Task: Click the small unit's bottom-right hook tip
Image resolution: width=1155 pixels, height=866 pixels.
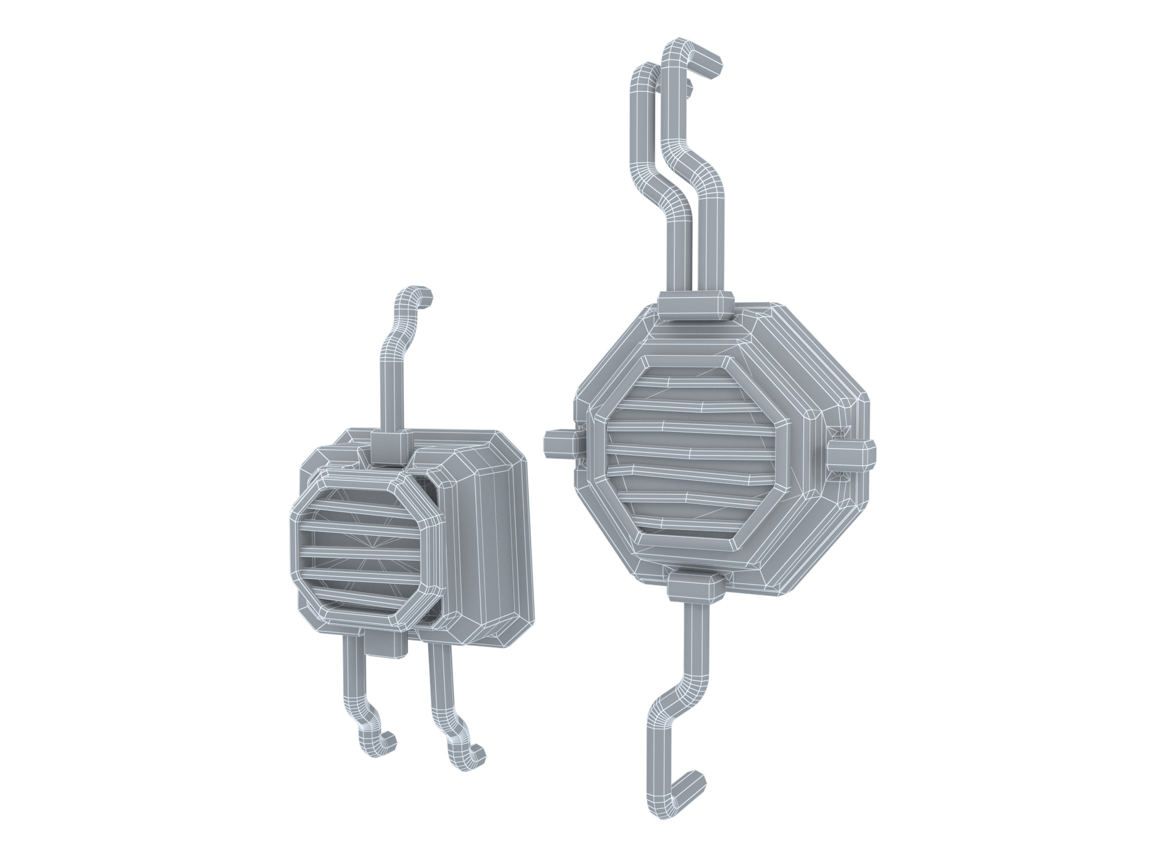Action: pos(478,753)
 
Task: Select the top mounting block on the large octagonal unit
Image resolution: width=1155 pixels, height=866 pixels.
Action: pos(696,305)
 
